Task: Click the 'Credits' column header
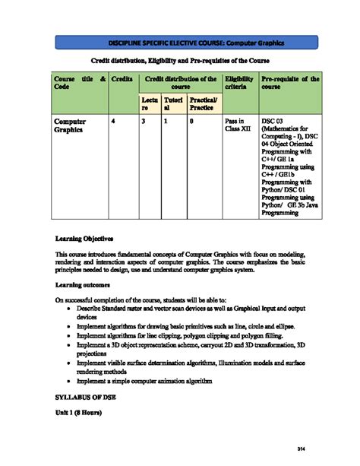point(122,78)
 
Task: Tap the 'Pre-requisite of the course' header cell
point(289,83)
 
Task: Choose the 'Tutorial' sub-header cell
point(172,105)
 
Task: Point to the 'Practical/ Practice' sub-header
point(203,105)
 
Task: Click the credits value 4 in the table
point(114,122)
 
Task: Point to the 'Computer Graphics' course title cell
point(70,126)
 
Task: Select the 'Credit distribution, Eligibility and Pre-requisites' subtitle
point(180,60)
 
